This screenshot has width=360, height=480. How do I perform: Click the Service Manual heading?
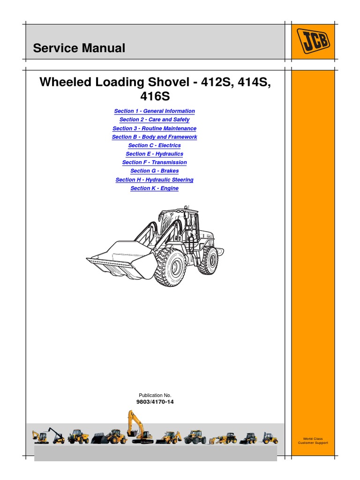(x=79, y=48)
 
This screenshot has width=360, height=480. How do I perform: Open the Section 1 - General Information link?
(x=154, y=111)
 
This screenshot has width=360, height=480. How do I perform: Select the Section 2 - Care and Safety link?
(x=154, y=120)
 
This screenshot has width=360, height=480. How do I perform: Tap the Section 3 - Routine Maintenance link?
(x=154, y=128)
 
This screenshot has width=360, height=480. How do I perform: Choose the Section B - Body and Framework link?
(x=154, y=137)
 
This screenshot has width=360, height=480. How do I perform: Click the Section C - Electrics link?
(x=154, y=145)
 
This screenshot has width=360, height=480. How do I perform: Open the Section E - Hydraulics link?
(x=154, y=154)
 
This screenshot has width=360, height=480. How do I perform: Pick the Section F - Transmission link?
(x=154, y=162)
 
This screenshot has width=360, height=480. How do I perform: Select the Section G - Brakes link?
(x=154, y=171)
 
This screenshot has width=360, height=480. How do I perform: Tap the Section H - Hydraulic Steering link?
(x=154, y=180)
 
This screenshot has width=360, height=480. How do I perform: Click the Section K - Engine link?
(x=154, y=188)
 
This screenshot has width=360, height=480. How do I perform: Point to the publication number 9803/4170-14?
(x=154, y=402)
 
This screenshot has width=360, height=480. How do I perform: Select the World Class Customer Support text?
(x=313, y=441)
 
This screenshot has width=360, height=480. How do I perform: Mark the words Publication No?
(x=154, y=396)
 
